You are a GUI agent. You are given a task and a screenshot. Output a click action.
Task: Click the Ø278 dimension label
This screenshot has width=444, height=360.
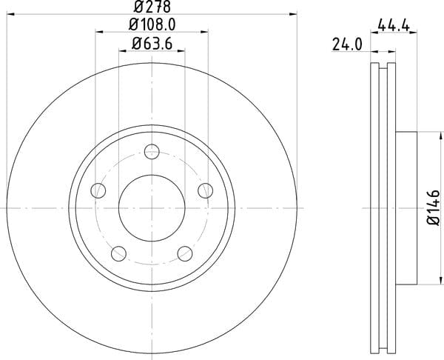[152, 7]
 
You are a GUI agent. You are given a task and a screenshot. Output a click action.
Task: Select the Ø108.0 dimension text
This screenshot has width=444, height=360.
[152, 24]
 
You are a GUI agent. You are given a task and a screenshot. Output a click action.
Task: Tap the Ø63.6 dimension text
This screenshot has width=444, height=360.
[152, 44]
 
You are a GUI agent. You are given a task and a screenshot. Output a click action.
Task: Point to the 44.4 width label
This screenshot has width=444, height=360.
[394, 26]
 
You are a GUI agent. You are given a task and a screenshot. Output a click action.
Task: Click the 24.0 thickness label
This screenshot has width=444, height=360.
[347, 44]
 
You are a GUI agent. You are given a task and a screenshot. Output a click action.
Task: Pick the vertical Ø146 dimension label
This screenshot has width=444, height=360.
[434, 207]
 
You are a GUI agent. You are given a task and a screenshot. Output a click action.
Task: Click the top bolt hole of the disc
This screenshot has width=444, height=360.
[152, 152]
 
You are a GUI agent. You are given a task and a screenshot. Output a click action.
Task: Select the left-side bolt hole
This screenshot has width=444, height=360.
[98, 190]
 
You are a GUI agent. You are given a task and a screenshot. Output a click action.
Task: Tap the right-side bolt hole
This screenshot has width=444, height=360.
[205, 190]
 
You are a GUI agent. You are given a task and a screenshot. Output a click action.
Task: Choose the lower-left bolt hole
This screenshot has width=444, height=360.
[118, 253]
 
